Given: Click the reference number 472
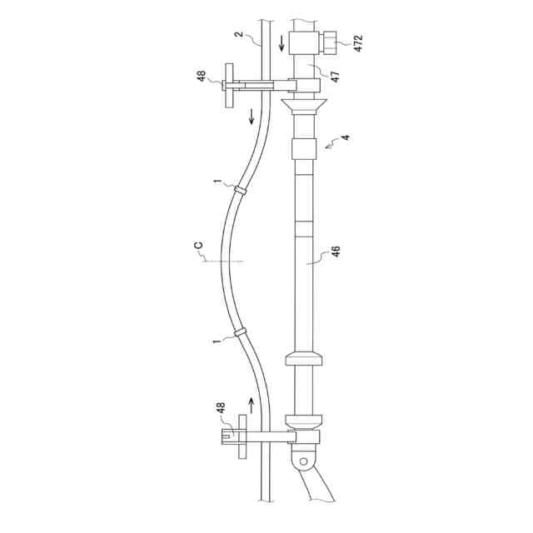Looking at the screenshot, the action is point(358,42).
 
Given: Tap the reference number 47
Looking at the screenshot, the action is point(335,77).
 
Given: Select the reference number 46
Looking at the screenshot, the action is point(336,252).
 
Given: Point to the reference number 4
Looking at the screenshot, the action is point(346,137).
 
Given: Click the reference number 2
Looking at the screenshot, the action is point(239,34).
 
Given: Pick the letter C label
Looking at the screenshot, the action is point(198,245).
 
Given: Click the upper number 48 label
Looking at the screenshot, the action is point(202,76).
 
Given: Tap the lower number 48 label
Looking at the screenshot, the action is point(220,407).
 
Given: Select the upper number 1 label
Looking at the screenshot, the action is point(217,182).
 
